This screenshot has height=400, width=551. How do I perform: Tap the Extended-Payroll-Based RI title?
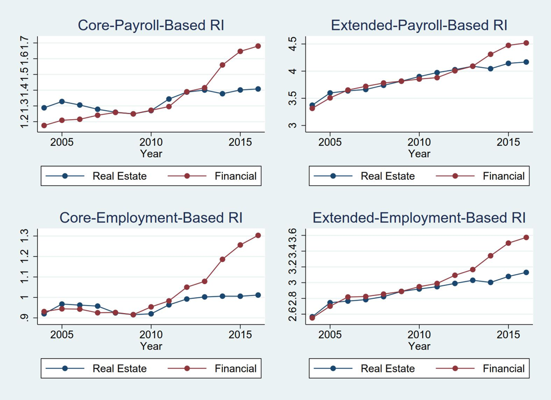[x=419, y=25]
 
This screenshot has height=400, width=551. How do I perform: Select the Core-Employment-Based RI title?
[x=151, y=218]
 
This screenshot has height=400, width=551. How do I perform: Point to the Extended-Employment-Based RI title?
[x=419, y=218]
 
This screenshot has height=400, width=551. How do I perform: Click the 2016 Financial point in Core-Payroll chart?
[x=258, y=46]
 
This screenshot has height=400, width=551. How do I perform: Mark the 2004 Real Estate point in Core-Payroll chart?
[x=44, y=108]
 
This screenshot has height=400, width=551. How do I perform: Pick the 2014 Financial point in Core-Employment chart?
[x=222, y=259]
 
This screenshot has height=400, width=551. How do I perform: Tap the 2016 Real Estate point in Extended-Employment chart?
[x=526, y=272]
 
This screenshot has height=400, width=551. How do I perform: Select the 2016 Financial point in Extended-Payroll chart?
[x=526, y=43]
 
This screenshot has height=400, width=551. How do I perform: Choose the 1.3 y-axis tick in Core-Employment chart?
[x=24, y=236]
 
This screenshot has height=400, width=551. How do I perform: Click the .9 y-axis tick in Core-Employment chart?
[x=24, y=318]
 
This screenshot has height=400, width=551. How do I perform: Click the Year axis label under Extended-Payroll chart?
[x=419, y=153]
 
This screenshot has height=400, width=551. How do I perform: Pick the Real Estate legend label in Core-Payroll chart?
[x=119, y=176]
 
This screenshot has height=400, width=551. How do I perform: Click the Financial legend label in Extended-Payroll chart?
[x=503, y=176]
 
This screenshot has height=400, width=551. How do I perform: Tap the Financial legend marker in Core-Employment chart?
[x=187, y=369]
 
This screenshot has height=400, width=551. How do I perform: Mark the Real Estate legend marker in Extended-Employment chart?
[x=333, y=369]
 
